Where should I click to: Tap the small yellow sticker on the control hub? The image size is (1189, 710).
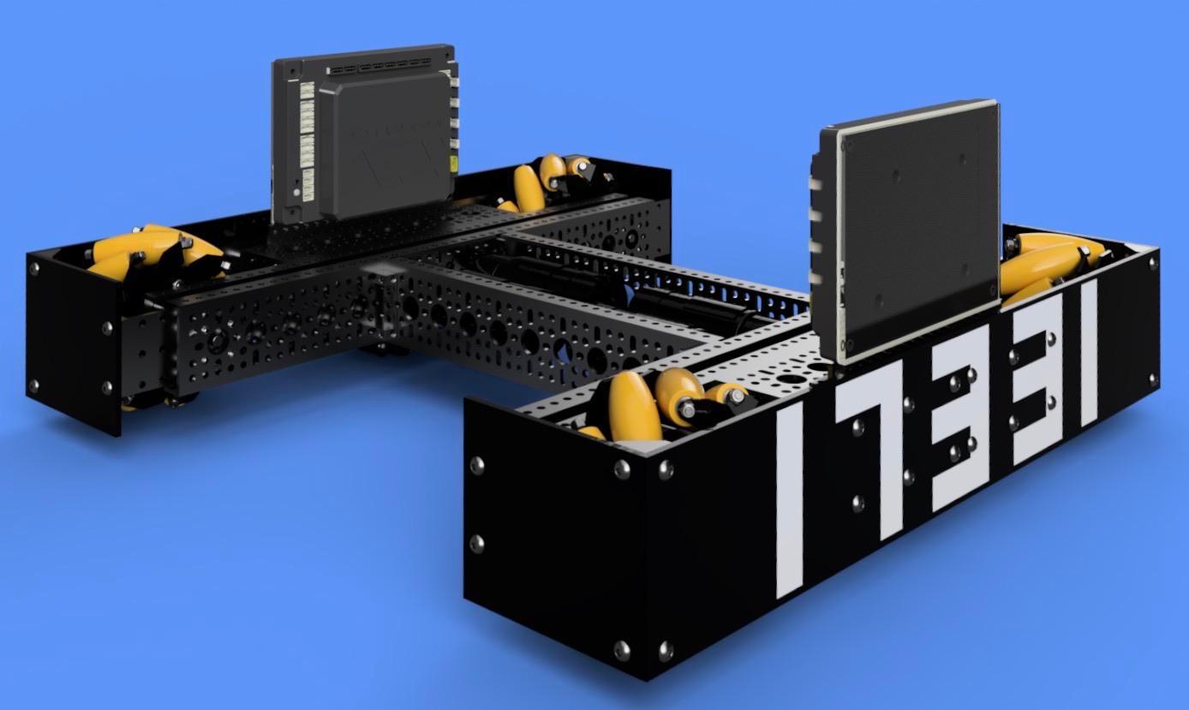click(x=453, y=164)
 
